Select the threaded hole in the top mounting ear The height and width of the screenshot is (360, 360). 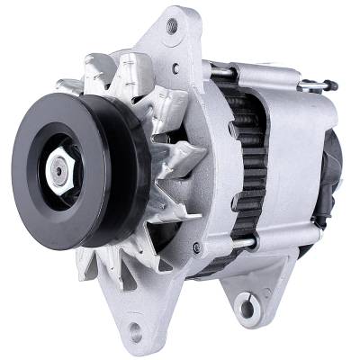point(172,28)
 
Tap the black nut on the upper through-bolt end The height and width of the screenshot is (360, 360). point(329,85)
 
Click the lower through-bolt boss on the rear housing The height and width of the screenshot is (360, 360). point(261,244)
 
